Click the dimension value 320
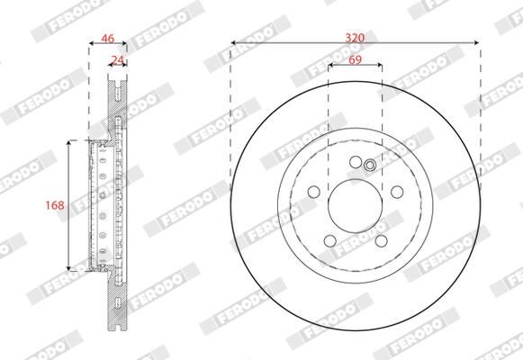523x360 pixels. [x=355, y=38]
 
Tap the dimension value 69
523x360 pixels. [x=355, y=59]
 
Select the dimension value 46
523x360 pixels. [x=107, y=39]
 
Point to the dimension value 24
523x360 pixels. [x=117, y=60]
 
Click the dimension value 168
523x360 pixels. [x=55, y=205]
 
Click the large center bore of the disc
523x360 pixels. [x=356, y=206]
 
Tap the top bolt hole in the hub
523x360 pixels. [x=356, y=162]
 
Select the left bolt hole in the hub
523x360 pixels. [x=314, y=192]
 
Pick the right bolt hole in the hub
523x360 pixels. [x=397, y=192]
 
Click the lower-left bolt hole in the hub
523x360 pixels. [x=329, y=240]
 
